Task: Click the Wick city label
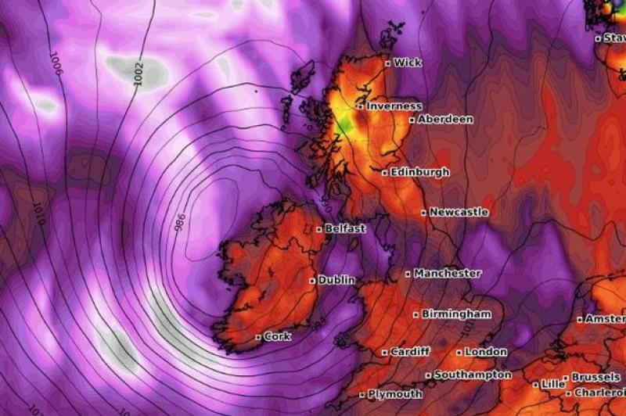click(x=407, y=63)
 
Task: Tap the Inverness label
click(x=394, y=106)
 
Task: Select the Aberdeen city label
click(x=445, y=120)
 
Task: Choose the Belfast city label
click(x=346, y=229)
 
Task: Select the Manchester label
click(x=447, y=274)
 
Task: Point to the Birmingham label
click(x=457, y=314)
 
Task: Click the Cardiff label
click(x=410, y=352)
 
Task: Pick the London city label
click(x=486, y=352)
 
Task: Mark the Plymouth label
click(x=395, y=394)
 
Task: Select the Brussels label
click(x=595, y=377)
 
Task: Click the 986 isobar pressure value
click(x=179, y=223)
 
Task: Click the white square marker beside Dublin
click(x=312, y=280)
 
